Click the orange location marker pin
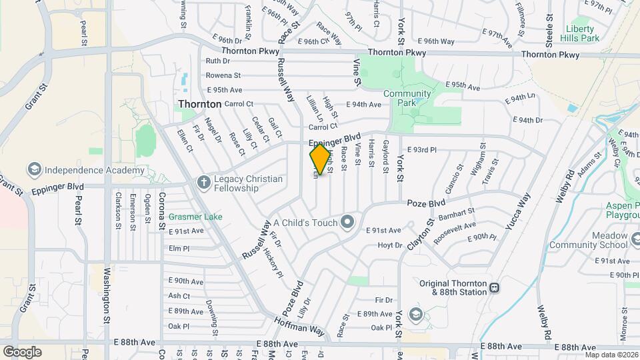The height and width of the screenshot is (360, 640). coord(321,159)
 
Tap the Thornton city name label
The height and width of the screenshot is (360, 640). coord(199,105)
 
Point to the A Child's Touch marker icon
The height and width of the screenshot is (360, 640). coord(347,222)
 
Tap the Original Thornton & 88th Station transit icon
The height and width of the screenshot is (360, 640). coord(494,288)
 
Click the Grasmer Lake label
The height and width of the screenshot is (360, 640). coord(195,217)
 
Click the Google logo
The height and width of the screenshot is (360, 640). coord(22,352)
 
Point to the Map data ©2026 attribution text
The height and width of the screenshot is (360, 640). coord(611,355)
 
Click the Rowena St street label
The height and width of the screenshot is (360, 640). coord(223,75)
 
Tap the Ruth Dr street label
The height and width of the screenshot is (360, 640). coord(217,61)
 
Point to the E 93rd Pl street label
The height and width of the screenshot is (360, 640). coord(421,151)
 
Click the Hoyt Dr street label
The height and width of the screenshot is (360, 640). coord(390,245)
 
